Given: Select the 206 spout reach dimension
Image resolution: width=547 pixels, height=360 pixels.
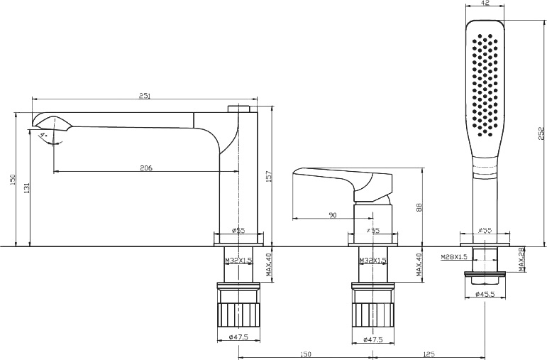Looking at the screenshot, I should (x=146, y=168).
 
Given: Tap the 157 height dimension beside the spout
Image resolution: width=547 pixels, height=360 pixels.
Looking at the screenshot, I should (x=268, y=175).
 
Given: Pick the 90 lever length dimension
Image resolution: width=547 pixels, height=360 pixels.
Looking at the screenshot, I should (x=333, y=215).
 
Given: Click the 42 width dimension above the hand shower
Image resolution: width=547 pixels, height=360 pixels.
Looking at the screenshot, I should (x=485, y=4).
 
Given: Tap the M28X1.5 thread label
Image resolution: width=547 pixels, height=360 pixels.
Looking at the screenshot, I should (x=454, y=256).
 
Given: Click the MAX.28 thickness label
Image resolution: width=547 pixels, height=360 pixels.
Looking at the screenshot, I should (x=521, y=259).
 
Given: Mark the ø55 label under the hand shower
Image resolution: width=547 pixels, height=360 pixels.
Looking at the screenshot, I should (x=485, y=231).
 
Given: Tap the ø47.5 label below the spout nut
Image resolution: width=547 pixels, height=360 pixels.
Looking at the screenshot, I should (x=238, y=339).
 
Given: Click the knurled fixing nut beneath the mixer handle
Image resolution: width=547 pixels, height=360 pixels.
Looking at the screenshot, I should (x=373, y=306).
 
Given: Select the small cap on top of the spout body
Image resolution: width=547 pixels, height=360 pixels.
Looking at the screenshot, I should (x=240, y=109).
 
